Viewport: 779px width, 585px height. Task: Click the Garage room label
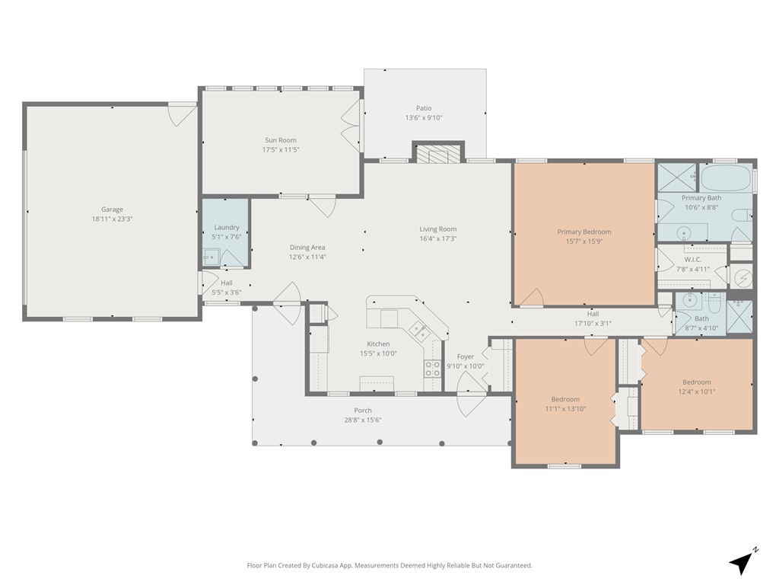(x=113, y=209)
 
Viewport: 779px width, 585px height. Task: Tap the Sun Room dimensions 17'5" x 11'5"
(x=281, y=150)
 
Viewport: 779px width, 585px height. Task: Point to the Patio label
(x=424, y=108)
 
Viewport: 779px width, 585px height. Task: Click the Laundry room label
(x=227, y=227)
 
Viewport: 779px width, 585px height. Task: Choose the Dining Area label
(x=307, y=248)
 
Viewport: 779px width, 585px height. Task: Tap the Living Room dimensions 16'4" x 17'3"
(x=438, y=238)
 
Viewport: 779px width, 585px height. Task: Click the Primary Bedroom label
(x=584, y=232)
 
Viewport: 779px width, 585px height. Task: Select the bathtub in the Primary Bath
(x=726, y=177)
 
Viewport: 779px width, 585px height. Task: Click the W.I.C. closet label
(x=693, y=260)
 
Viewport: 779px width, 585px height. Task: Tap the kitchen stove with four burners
(x=432, y=368)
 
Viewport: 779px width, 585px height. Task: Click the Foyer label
(x=466, y=356)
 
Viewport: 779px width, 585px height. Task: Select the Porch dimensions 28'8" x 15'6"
(x=363, y=420)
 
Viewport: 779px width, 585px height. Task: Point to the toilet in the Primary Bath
(x=744, y=216)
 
